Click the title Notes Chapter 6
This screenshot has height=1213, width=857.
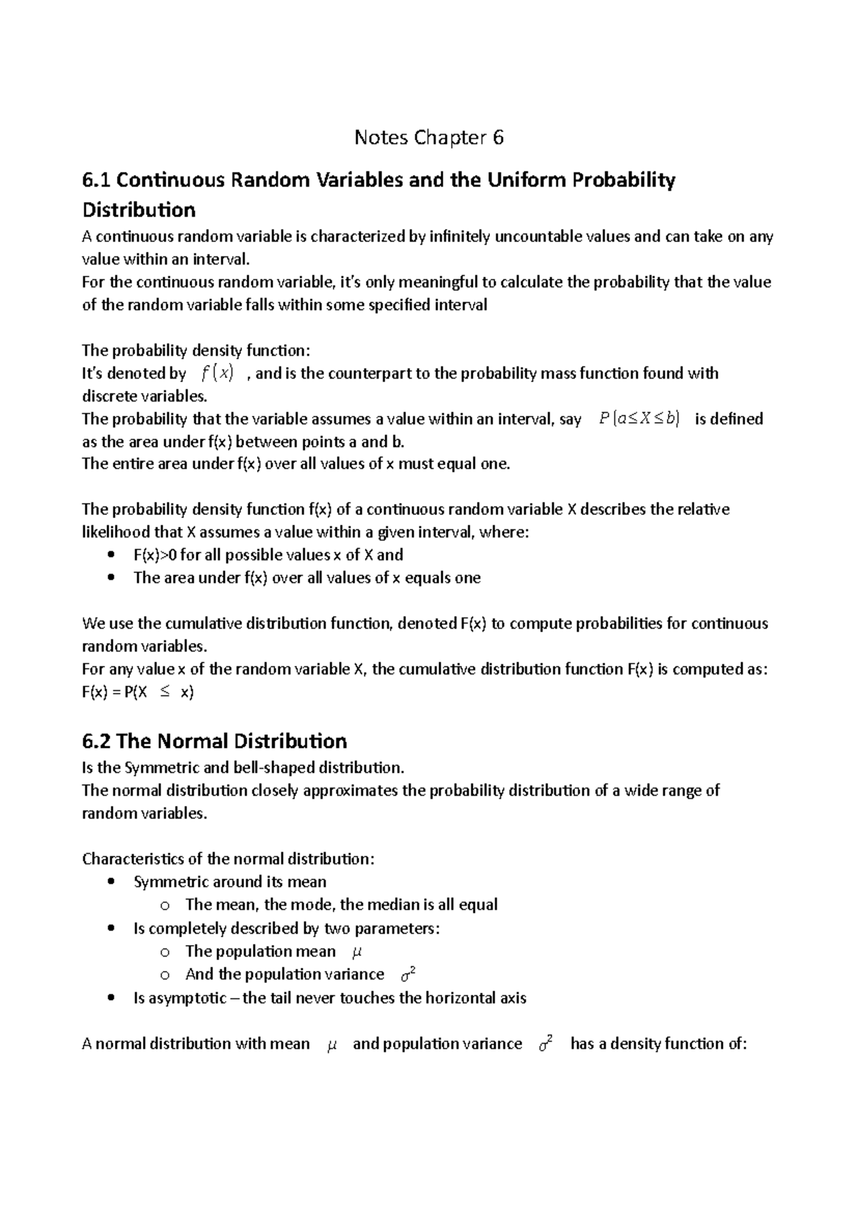(x=428, y=137)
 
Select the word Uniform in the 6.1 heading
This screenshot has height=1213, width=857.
(x=519, y=181)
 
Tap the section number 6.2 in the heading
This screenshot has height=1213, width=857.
(x=96, y=741)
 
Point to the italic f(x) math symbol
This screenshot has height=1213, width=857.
(x=217, y=373)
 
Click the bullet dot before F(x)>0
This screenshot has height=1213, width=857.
(x=109, y=555)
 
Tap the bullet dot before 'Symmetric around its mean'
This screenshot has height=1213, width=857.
(x=109, y=882)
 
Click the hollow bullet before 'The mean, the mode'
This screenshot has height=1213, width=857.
(x=166, y=906)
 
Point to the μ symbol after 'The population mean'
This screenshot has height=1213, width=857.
(x=359, y=952)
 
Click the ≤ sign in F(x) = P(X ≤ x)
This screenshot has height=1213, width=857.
(x=165, y=692)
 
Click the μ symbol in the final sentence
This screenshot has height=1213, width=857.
(x=331, y=1044)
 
